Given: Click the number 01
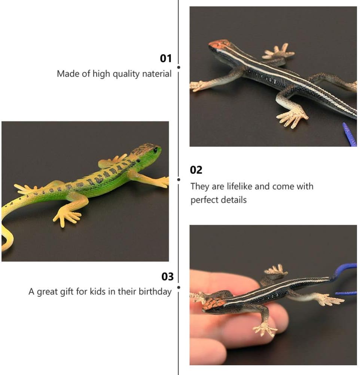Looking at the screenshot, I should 166,58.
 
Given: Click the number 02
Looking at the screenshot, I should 196,170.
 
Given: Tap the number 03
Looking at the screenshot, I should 168,277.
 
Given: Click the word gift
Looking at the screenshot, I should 67,292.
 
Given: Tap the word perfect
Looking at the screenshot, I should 203,200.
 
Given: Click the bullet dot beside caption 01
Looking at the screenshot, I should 179,67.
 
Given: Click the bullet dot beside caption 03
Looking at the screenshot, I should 179,287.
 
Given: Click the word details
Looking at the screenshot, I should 232,200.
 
